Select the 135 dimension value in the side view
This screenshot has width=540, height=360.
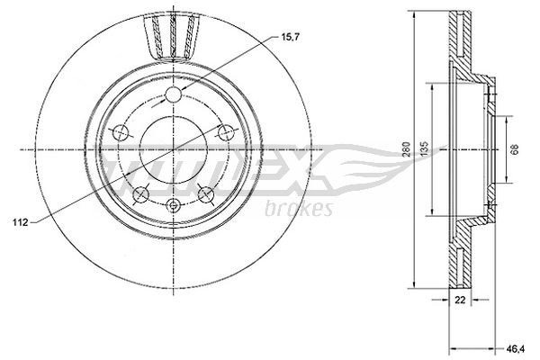pyautogui.click(x=436, y=149)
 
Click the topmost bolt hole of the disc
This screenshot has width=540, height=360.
pyautogui.click(x=174, y=96)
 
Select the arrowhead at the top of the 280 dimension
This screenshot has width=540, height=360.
pyautogui.click(x=414, y=13)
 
